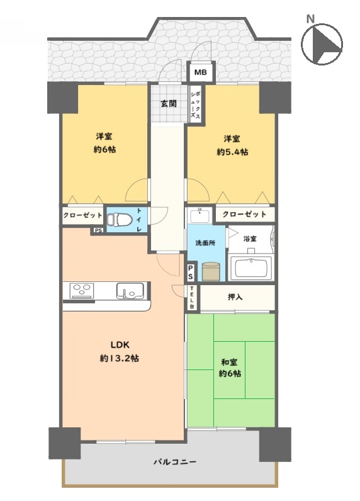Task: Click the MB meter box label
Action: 201,72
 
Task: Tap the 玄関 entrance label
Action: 168,103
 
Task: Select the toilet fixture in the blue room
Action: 119,220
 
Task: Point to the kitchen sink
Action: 130,290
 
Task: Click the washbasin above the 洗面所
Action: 200,215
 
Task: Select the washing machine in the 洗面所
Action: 211,272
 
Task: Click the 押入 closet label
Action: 235,297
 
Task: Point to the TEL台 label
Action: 192,297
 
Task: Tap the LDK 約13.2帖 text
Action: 120,351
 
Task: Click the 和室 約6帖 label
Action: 230,368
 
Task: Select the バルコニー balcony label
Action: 175,461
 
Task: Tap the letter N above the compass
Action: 310,19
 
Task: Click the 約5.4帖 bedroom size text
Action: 232,152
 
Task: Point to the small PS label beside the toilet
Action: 98,230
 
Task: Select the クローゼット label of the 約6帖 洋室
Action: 82,215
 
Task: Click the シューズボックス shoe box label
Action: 196,104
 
